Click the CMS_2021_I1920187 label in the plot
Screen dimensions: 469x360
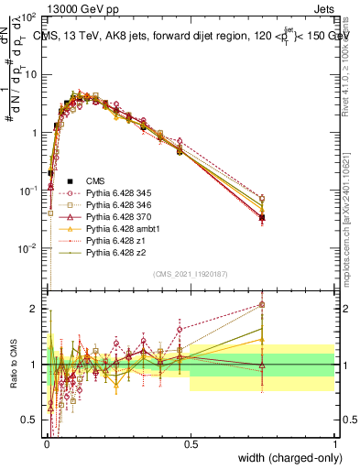click(x=191, y=275)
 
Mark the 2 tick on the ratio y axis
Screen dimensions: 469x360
click(x=37, y=309)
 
